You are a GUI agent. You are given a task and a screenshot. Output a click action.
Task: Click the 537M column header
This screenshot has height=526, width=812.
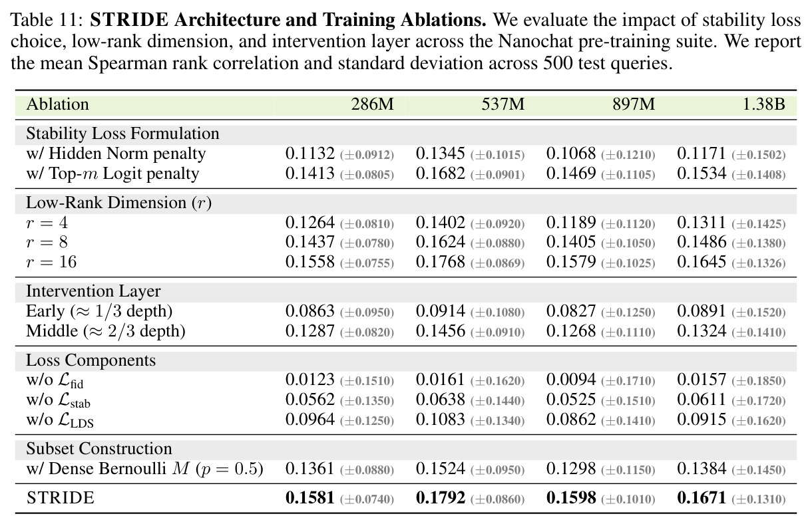click(x=503, y=104)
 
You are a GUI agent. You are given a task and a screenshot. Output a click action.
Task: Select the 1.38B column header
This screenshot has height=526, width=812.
click(x=764, y=104)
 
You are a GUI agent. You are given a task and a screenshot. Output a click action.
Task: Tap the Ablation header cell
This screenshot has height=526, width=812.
click(x=58, y=104)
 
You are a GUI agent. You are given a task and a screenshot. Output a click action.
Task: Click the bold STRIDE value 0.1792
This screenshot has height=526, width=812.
click(x=441, y=498)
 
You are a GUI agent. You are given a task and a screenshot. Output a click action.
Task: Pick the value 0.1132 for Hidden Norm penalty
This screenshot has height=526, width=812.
click(x=310, y=154)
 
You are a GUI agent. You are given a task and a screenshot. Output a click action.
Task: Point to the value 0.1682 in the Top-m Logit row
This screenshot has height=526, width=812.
click(x=441, y=174)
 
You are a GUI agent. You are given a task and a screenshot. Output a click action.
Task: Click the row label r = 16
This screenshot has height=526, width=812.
click(x=51, y=262)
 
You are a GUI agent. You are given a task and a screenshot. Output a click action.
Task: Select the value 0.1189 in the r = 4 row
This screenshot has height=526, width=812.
click(x=571, y=222)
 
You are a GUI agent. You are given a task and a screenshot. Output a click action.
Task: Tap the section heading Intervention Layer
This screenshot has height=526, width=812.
click(x=93, y=291)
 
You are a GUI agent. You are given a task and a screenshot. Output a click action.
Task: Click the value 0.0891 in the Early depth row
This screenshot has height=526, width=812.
click(x=702, y=311)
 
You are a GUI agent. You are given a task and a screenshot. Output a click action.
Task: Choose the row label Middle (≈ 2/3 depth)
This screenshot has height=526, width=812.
click(x=106, y=331)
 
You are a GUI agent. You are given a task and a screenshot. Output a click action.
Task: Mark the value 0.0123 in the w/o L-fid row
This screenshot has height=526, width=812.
click(x=310, y=380)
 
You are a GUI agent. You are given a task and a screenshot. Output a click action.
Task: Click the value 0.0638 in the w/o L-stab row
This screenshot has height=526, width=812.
click(x=441, y=400)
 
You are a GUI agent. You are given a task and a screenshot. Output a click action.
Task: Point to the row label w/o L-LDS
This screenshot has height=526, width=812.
click(x=60, y=420)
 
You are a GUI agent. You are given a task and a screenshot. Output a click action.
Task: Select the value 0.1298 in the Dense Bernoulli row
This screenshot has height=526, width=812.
click(x=571, y=469)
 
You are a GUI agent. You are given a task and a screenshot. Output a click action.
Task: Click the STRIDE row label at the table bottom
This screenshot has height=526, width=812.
click(x=60, y=498)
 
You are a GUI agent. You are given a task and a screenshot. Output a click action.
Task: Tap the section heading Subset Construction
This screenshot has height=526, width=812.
click(x=99, y=449)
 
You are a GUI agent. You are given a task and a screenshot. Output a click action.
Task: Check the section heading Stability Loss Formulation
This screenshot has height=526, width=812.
click(x=122, y=134)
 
